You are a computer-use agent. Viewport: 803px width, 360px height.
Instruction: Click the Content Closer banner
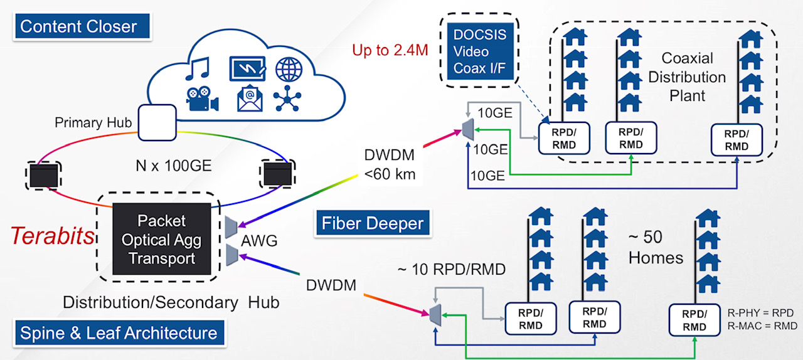pyautogui.click(x=78, y=26)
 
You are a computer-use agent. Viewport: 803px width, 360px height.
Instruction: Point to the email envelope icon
pyautogui.click(x=249, y=99)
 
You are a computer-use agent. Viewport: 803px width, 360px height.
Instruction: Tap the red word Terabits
pyautogui.click(x=53, y=236)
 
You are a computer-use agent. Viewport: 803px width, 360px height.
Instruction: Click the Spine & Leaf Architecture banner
pyautogui.click(x=119, y=332)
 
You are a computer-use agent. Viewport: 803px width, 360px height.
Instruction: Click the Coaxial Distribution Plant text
pyautogui.click(x=687, y=77)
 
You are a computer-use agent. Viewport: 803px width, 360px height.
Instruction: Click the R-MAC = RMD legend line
pyautogui.click(x=762, y=326)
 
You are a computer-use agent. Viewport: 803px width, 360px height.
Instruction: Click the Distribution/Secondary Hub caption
pyautogui.click(x=171, y=302)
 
